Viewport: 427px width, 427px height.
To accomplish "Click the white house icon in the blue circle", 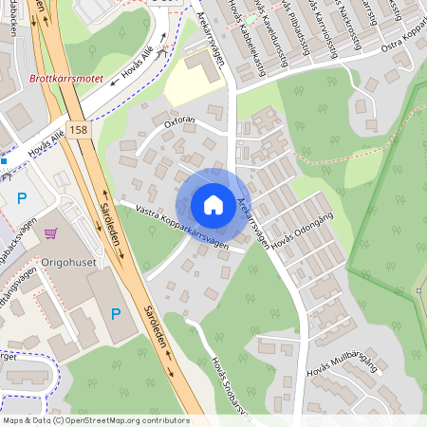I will click(213, 205).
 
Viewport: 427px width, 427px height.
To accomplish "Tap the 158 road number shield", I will click(80, 129).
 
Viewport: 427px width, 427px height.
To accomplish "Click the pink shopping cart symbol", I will click(50, 233).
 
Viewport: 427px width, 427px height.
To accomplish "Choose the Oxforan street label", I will click(179, 121).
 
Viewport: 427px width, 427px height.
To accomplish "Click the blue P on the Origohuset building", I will click(116, 313).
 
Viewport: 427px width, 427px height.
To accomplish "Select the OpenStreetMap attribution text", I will click(95, 419).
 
